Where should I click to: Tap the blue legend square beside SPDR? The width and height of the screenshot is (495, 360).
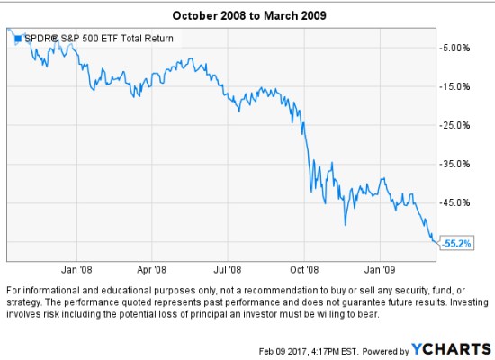click(x=17, y=39)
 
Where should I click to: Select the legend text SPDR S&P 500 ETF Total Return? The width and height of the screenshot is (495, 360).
click(x=100, y=39)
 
